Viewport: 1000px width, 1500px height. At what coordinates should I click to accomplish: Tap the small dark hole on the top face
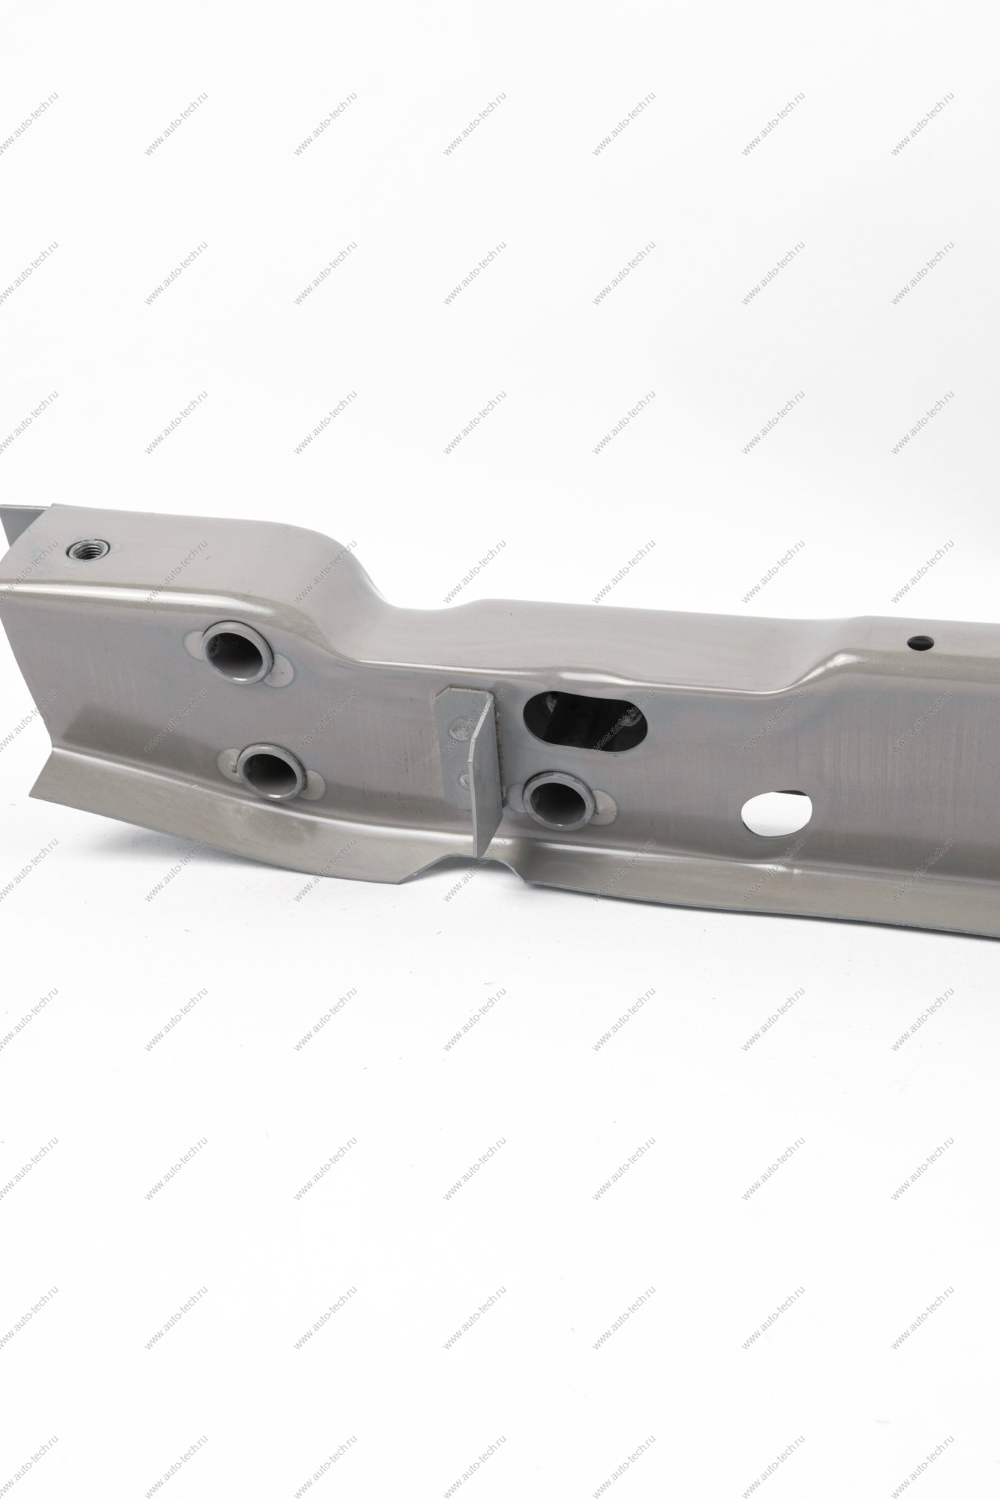pos(919,643)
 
